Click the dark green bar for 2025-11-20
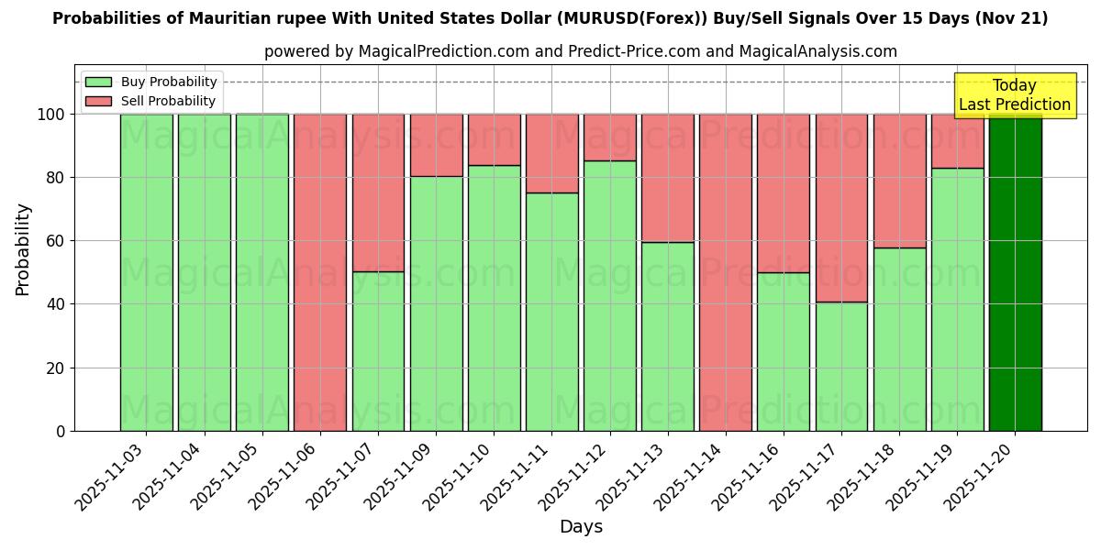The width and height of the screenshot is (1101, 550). coord(1015,272)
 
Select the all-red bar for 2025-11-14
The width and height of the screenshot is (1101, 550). coord(725,272)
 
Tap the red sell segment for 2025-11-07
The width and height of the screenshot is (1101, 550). coord(378,192)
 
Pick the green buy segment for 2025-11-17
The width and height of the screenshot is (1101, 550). coord(841,367)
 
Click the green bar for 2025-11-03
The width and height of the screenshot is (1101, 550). coord(146,272)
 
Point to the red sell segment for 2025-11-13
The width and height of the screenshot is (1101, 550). coord(667,178)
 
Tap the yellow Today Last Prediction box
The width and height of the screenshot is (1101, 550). coord(1014,95)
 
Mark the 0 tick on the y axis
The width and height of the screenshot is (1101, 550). coord(60,431)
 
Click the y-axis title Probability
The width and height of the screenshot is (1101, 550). coord(23,248)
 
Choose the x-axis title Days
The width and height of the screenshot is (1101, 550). coord(581,527)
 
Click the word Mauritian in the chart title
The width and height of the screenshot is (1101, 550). coord(208,18)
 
